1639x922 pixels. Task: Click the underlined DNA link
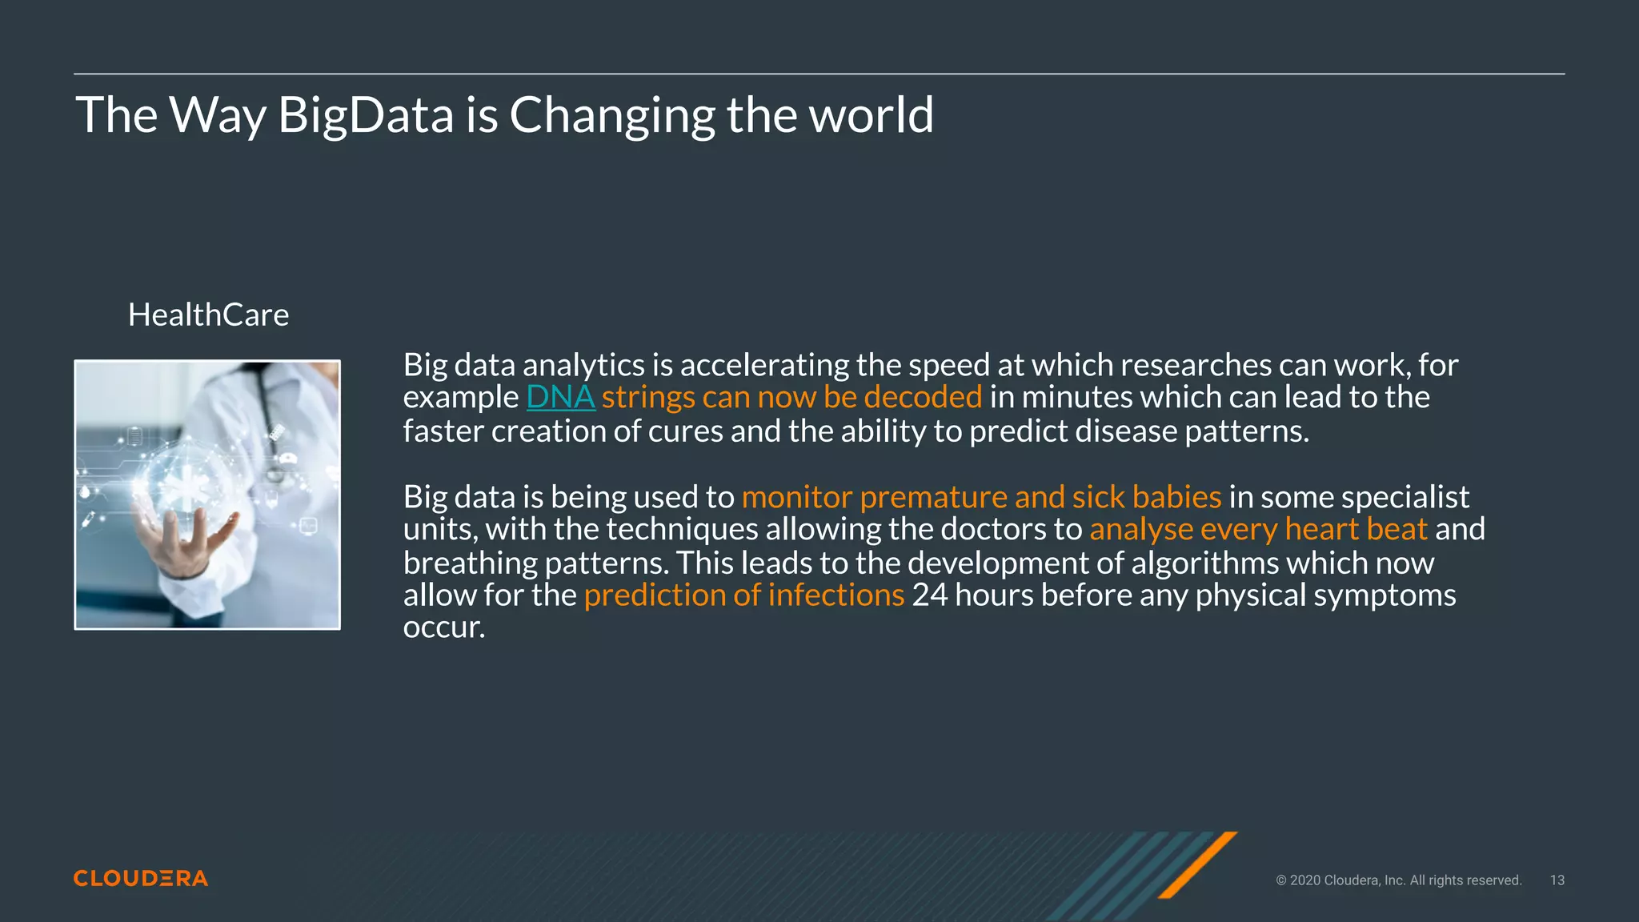coord(560,397)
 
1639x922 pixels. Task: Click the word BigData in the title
coord(366,115)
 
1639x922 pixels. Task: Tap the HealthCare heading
coord(208,315)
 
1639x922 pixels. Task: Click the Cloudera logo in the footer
coord(141,878)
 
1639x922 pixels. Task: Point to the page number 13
coord(1557,880)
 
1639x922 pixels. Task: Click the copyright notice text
coord(1397,880)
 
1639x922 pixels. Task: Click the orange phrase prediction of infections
coord(744,595)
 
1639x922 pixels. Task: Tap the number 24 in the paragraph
coord(929,595)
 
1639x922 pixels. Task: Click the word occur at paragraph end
coord(443,627)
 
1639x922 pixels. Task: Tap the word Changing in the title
coord(612,115)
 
